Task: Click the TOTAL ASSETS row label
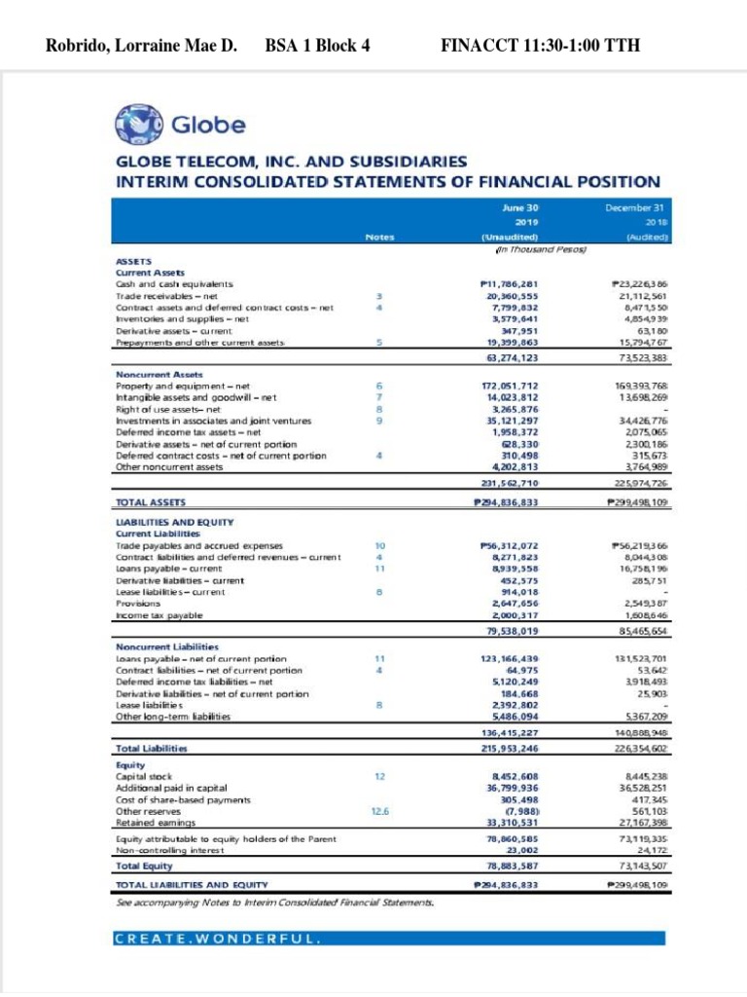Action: (150, 501)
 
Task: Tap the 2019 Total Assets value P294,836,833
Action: (510, 502)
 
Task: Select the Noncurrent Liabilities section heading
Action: (167, 646)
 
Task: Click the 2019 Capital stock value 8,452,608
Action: (513, 776)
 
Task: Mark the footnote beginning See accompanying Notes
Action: (275, 902)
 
